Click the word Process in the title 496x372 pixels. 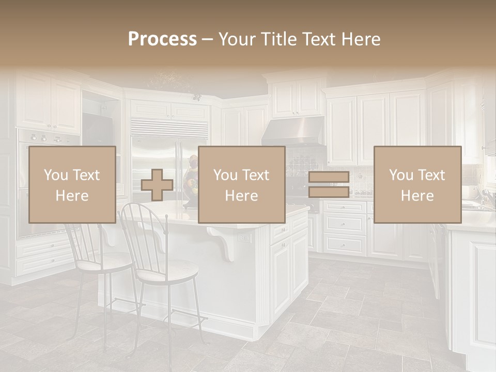tap(162, 39)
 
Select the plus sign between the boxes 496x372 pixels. tap(157, 185)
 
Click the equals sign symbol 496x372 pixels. tap(329, 185)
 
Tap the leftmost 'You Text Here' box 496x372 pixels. tap(72, 184)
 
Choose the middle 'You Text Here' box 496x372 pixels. tap(241, 184)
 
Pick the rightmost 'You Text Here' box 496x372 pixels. tap(417, 184)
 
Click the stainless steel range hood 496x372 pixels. tap(293, 131)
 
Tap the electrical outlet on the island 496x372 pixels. tap(243, 239)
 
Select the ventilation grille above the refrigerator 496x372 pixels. tap(169, 128)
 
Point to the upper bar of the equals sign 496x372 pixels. tap(329, 177)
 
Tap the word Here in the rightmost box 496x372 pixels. tap(417, 195)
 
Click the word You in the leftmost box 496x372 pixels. tap(55, 175)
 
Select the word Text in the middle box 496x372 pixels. tap(256, 175)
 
